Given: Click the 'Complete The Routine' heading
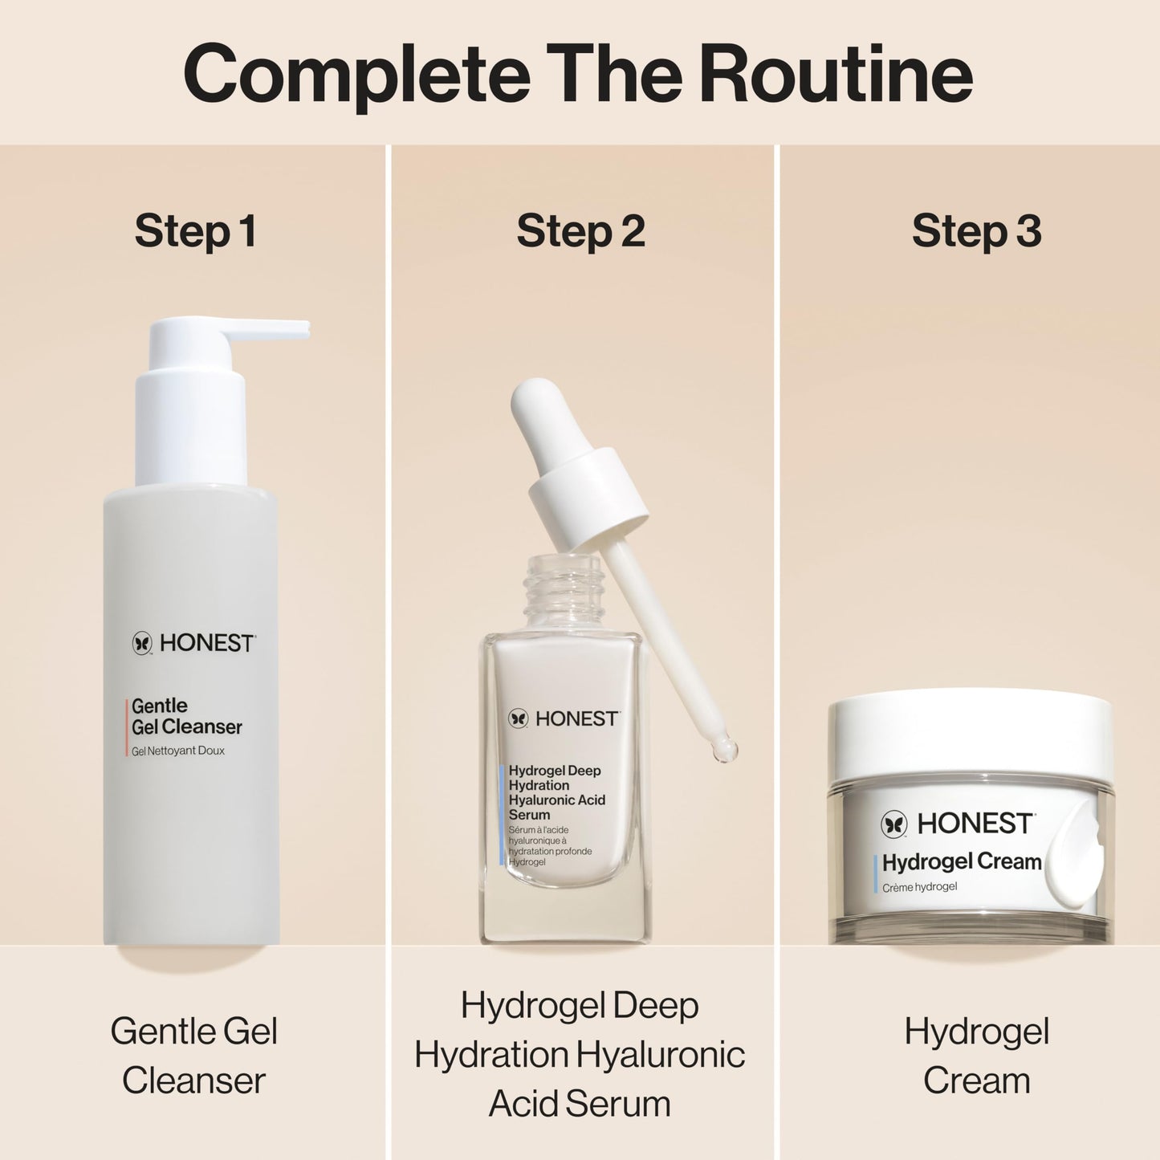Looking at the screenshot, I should pos(578,74).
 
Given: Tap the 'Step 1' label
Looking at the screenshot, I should pos(195,231).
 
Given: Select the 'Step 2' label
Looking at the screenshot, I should pos(580,231).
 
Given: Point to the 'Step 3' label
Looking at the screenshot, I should pos(976,231).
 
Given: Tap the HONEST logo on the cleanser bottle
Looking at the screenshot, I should pos(193,643).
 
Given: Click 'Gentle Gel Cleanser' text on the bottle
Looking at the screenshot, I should pos(186,716).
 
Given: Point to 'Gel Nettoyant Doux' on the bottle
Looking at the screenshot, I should pos(178,751).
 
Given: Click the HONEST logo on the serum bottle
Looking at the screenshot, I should pos(564,718).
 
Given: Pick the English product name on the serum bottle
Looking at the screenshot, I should pos(556,792).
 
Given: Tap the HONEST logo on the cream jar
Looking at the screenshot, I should pos(957,824).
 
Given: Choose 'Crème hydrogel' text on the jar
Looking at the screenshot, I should pos(920,887).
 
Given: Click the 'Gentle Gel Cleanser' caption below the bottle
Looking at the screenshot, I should pos(193,1056).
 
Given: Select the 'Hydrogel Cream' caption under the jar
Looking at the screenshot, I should pos(976,1056).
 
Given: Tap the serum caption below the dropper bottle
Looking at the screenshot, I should pos(580,1055).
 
